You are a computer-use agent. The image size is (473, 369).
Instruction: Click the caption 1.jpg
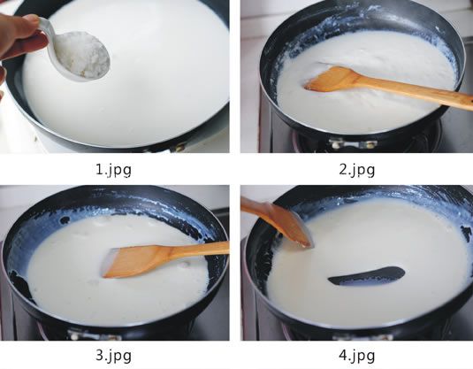click(x=113, y=170)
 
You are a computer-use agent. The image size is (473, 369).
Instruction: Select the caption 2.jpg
click(x=357, y=170)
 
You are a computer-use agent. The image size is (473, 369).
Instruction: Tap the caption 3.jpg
click(x=113, y=356)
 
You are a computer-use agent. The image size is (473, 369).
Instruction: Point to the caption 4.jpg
click(x=357, y=356)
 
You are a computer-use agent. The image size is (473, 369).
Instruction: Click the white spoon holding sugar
click(x=75, y=51)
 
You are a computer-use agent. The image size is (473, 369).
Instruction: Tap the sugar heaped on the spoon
click(x=82, y=54)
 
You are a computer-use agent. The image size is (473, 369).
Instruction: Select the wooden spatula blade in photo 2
click(x=332, y=79)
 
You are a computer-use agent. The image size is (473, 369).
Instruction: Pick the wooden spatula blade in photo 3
click(x=137, y=261)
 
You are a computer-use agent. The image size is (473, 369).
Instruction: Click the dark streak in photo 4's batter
click(x=367, y=276)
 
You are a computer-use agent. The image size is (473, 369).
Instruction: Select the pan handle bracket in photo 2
click(x=353, y=143)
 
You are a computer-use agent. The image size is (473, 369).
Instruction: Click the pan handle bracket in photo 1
click(x=178, y=148)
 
